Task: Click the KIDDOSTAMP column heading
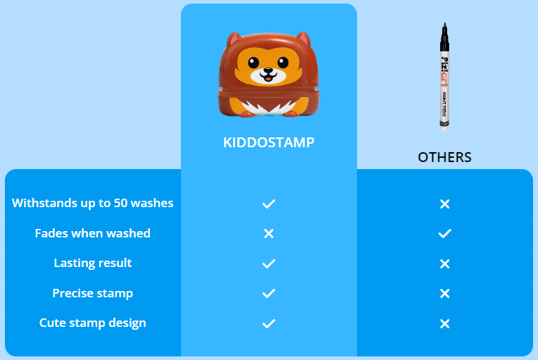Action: (269, 142)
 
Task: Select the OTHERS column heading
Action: (444, 157)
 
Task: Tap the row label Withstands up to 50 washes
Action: (93, 203)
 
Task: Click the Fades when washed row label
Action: (93, 233)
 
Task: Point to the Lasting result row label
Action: (93, 263)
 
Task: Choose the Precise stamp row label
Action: (93, 293)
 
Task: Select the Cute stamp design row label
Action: (93, 323)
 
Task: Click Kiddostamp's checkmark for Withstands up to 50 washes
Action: (269, 204)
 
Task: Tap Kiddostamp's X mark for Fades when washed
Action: (269, 234)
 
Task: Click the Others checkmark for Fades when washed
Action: (444, 234)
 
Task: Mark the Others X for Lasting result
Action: (444, 263)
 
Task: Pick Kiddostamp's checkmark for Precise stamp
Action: (269, 293)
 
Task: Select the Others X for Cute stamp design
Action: (444, 323)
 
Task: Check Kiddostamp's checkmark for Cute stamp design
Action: (269, 323)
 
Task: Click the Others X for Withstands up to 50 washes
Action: (444, 204)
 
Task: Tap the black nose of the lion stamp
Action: (268, 71)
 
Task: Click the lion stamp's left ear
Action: (234, 40)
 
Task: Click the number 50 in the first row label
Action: (121, 203)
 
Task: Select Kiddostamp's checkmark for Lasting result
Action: (269, 263)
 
